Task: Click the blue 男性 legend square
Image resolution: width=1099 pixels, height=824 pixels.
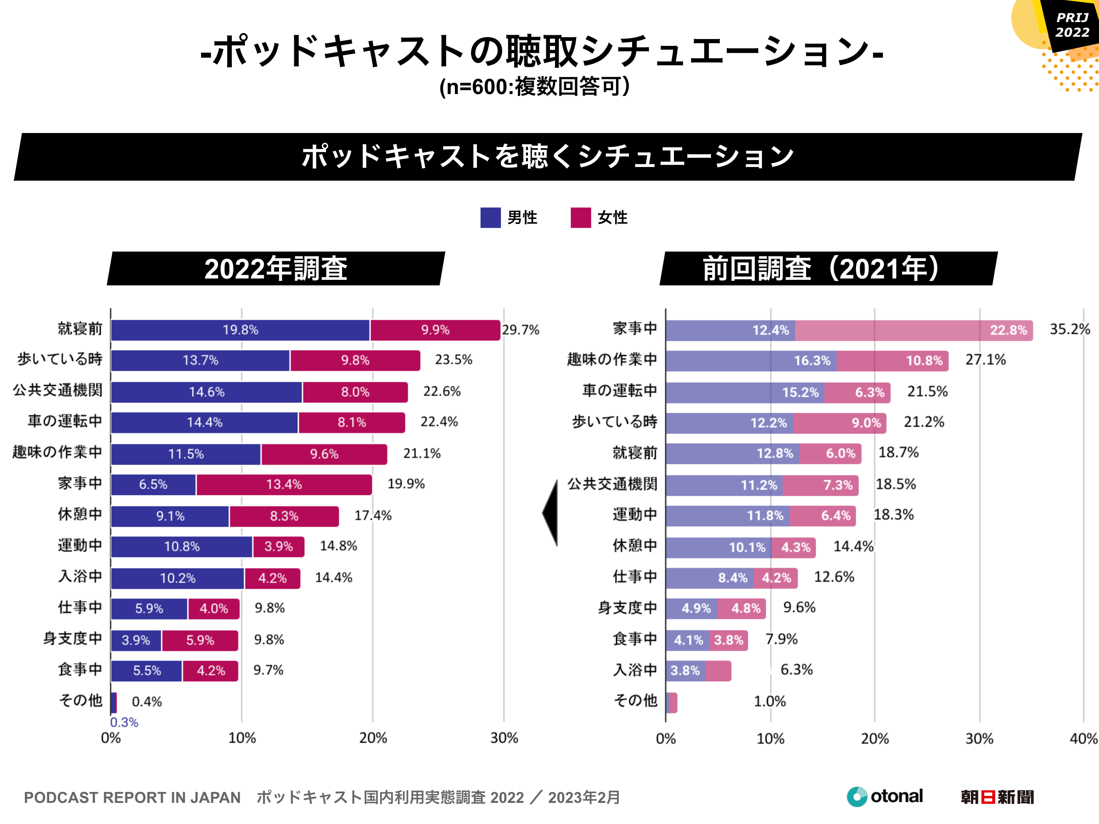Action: coord(490,217)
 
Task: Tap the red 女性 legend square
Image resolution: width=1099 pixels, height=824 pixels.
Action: coord(580,217)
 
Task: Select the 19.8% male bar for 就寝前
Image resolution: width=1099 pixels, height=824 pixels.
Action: coord(240,330)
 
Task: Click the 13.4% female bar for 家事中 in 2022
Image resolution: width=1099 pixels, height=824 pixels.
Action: coord(284,485)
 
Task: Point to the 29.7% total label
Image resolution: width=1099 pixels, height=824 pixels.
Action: coord(520,330)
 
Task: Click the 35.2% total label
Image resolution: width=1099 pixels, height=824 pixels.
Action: coord(1069,329)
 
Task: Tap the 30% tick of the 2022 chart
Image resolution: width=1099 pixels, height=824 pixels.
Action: coord(504,738)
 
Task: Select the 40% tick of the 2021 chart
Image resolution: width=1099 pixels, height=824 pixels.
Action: coord(1083,739)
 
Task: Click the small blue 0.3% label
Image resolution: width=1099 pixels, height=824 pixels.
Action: coord(124,722)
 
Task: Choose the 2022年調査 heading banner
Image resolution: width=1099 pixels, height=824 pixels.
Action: coord(276,269)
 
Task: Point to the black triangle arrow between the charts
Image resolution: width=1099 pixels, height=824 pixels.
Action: coord(551,513)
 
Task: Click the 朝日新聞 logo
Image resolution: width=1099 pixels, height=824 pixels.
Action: coord(997,797)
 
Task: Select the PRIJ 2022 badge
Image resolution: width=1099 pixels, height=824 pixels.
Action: coord(1072,25)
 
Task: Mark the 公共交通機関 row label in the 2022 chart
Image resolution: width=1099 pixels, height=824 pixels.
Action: coord(58,390)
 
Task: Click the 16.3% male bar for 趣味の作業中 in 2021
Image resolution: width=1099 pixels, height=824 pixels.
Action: coord(751,361)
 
